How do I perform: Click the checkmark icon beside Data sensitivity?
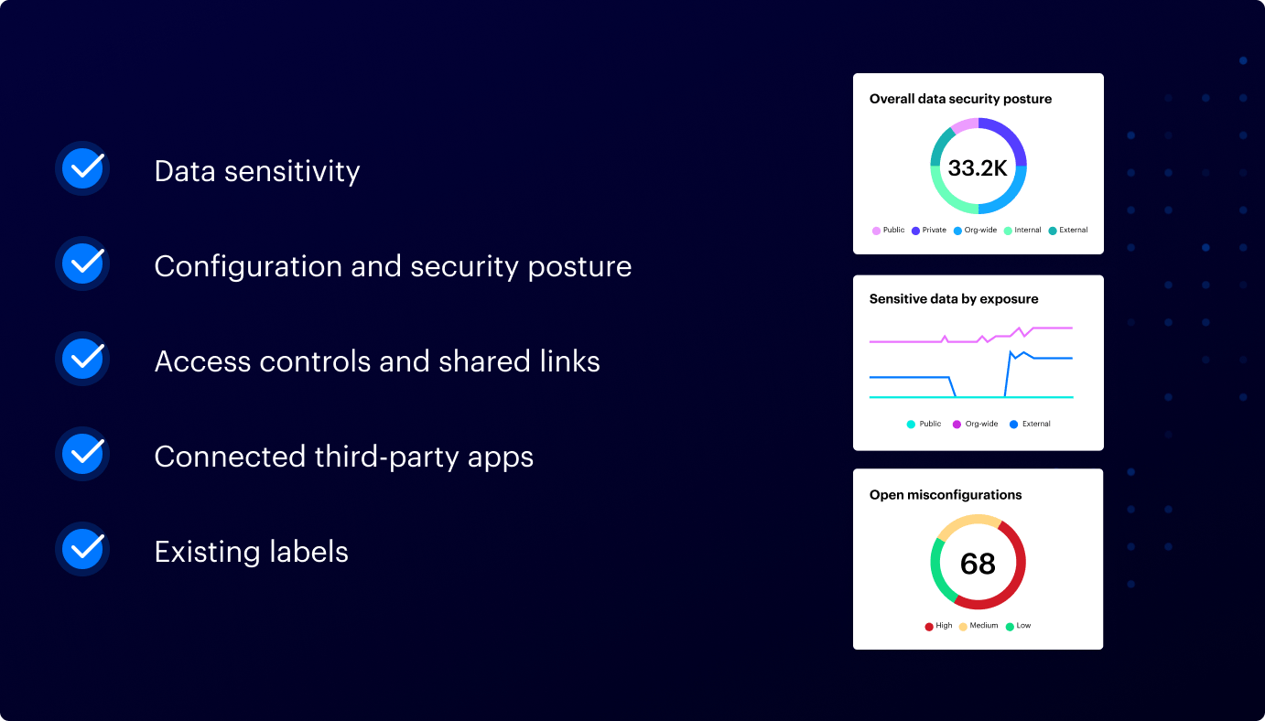(83, 168)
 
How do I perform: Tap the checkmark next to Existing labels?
(83, 549)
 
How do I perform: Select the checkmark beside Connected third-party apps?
(83, 454)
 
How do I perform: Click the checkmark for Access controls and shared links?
(83, 359)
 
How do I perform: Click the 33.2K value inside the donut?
(978, 168)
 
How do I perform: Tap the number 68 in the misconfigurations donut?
(978, 564)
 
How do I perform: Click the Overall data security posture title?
(960, 99)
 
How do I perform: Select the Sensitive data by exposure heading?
(954, 299)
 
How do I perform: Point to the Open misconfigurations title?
(946, 495)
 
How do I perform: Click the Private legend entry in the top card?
(929, 231)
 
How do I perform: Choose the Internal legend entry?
(1022, 231)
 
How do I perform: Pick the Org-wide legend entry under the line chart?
(976, 425)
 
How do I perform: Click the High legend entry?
(938, 626)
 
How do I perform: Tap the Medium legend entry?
(978, 626)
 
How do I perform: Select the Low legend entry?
(1018, 626)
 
